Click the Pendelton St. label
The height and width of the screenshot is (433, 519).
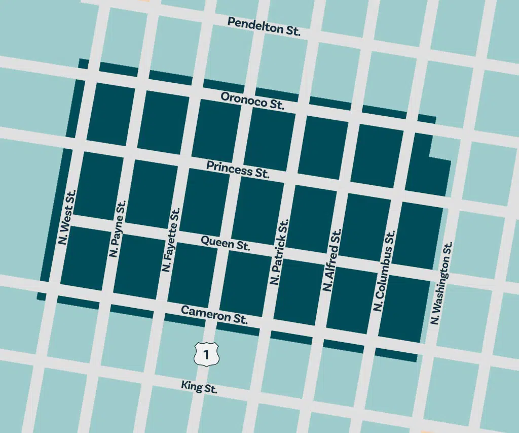(264, 26)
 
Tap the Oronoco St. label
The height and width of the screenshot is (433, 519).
(252, 101)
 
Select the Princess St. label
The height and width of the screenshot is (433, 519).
(237, 170)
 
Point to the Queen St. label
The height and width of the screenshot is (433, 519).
(226, 243)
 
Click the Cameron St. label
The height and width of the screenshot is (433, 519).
(214, 315)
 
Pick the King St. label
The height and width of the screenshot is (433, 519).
(199, 387)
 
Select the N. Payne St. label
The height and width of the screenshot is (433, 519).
(118, 228)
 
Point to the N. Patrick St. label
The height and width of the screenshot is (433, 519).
(280, 252)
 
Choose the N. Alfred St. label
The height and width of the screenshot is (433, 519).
(332, 260)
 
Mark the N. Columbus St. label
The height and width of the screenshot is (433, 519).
(384, 271)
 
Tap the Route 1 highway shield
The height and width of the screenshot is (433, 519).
(206, 354)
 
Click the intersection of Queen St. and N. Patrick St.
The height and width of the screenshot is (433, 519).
(280, 252)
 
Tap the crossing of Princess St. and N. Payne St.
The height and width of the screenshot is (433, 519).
(130, 153)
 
